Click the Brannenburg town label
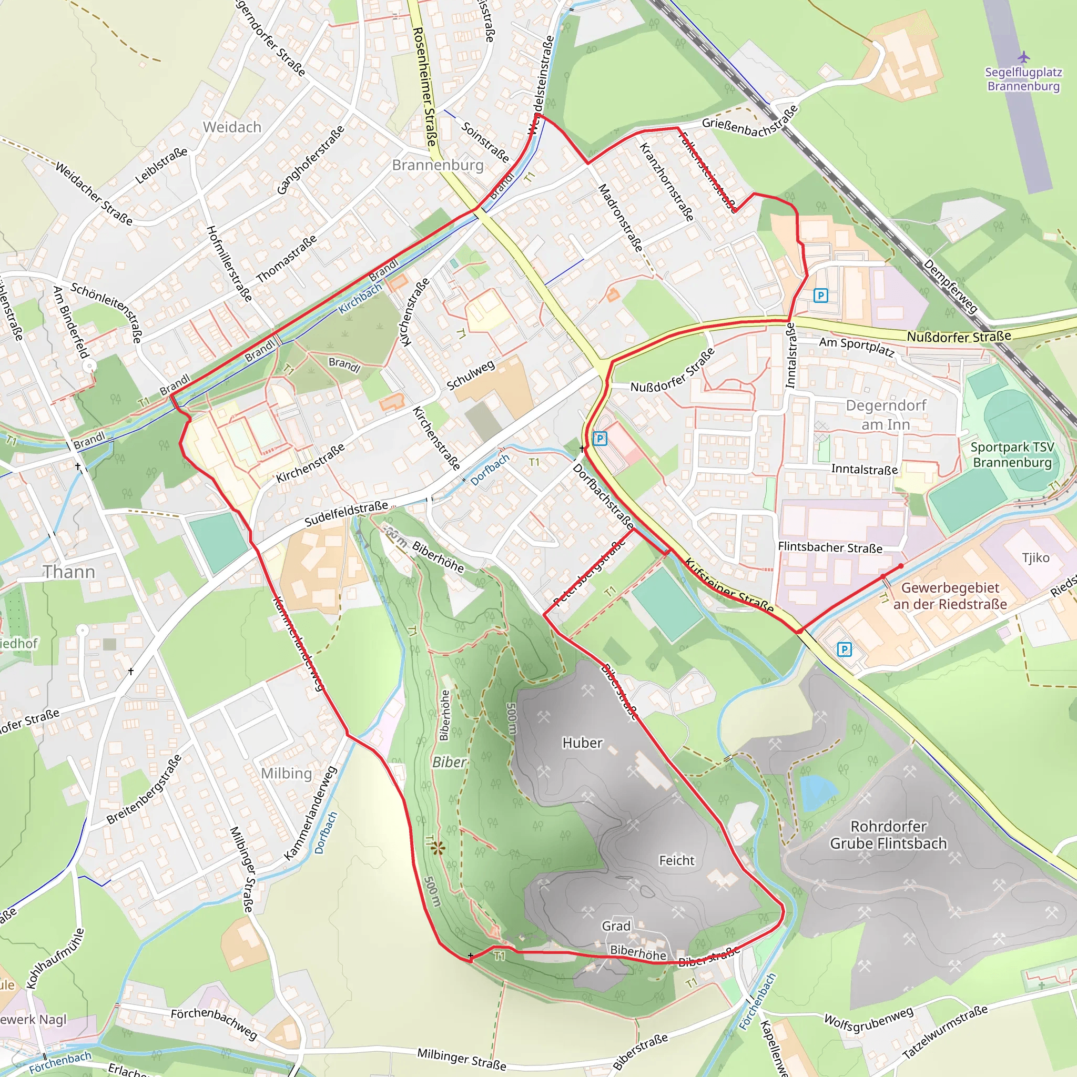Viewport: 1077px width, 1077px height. [x=438, y=165]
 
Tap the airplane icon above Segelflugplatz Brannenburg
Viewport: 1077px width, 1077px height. [x=1023, y=57]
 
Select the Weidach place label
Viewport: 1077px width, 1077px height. [x=232, y=127]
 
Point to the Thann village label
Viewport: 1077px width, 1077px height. [x=69, y=572]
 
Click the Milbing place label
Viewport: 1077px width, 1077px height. [x=287, y=773]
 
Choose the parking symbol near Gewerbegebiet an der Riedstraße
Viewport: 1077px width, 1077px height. [x=845, y=649]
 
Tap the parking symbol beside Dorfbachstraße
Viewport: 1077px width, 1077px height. [x=600, y=439]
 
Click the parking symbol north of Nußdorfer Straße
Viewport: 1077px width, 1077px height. [x=820, y=296]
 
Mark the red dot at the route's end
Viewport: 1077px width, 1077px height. [x=901, y=566]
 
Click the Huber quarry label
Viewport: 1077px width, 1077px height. [x=583, y=743]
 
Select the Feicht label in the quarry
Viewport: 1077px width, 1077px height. [x=677, y=860]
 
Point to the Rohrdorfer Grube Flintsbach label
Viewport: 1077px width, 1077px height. [x=888, y=835]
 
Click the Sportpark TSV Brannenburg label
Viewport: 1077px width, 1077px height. [x=1012, y=454]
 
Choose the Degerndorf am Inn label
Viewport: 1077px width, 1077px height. [x=886, y=415]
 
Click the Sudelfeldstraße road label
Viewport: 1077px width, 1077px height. [x=346, y=513]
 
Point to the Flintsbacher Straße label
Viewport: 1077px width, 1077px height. [x=830, y=547]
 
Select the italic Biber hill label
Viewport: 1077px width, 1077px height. [x=449, y=762]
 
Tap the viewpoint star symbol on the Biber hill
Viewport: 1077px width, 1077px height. [x=438, y=848]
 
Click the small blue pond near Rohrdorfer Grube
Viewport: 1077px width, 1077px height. [x=816, y=791]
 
